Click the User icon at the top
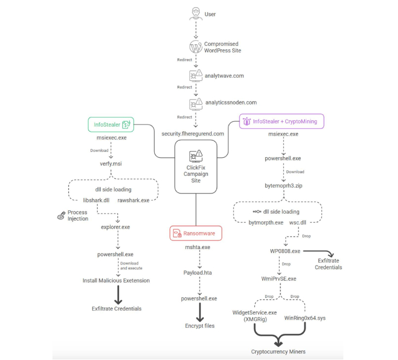click(195, 14)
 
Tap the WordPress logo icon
click(195, 46)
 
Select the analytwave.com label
click(224, 75)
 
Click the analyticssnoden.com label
click(230, 102)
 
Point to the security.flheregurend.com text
click(192, 133)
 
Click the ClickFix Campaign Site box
click(196, 166)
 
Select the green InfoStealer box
click(111, 125)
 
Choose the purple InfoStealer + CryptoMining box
click(282, 121)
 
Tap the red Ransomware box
click(195, 233)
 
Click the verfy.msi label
click(111, 163)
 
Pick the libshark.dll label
click(96, 200)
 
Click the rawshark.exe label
click(133, 200)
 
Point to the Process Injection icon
click(61, 216)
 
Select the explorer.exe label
click(115, 226)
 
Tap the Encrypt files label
click(200, 326)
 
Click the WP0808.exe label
click(285, 251)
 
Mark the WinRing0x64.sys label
click(305, 317)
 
